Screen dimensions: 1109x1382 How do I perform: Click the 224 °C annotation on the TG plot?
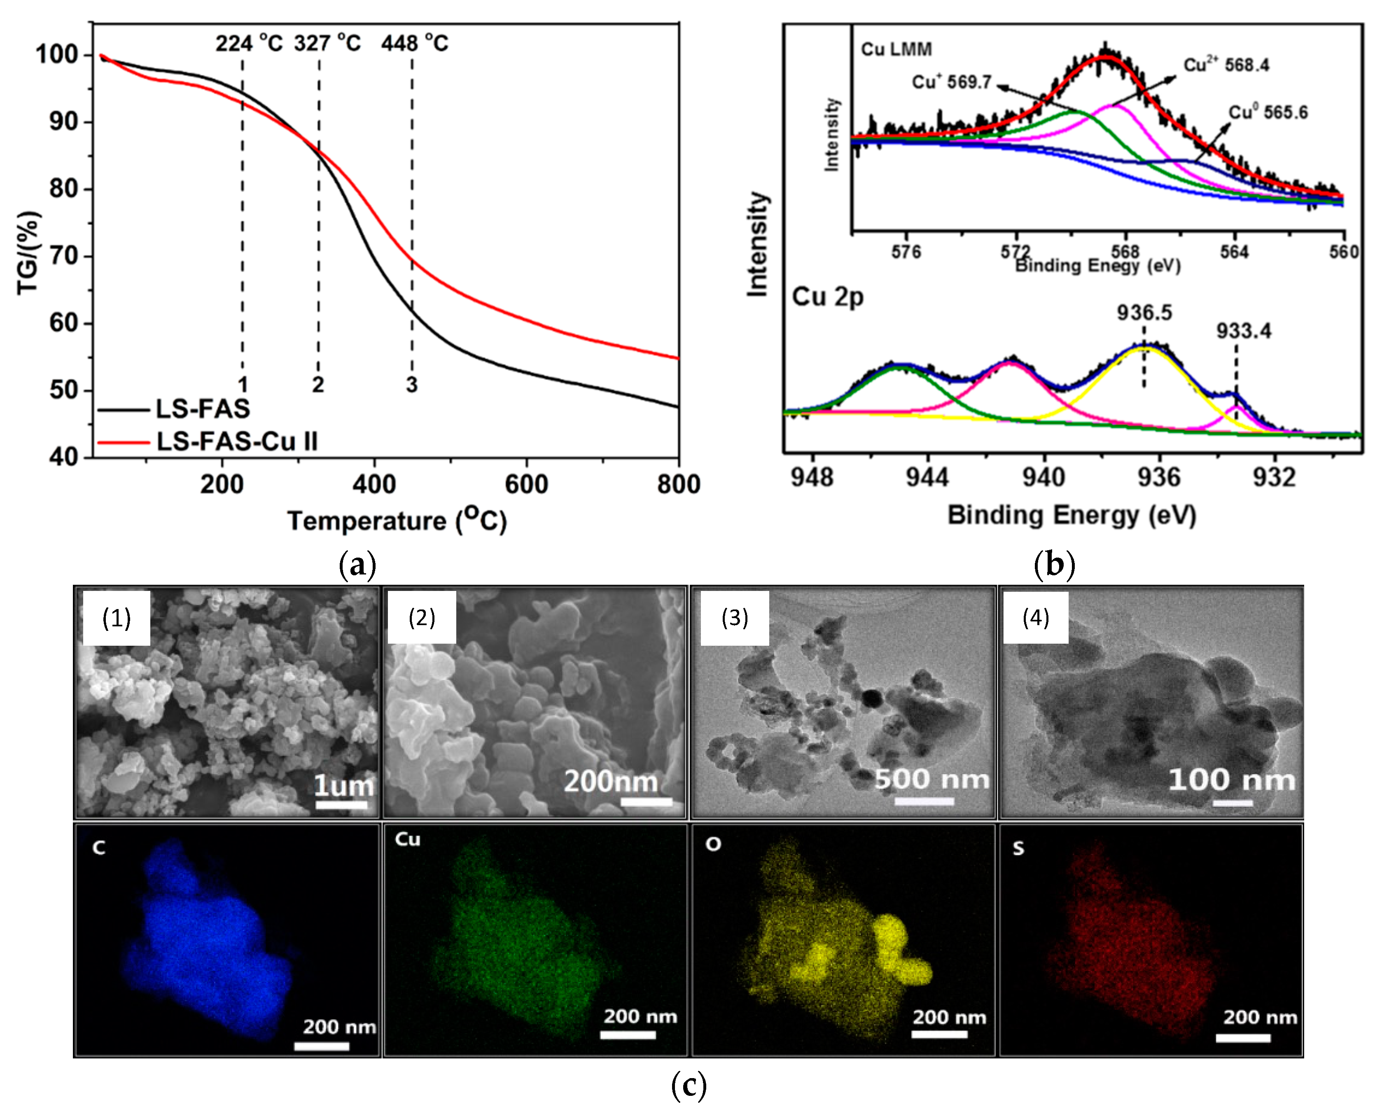coord(249,44)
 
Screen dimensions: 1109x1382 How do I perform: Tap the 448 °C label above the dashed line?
coord(415,44)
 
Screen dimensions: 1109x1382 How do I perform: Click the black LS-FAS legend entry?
coord(203,409)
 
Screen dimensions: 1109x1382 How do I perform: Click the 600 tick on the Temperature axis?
coord(526,484)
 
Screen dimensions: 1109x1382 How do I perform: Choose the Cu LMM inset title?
coord(896,49)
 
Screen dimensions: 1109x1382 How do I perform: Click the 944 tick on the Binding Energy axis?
coord(927,478)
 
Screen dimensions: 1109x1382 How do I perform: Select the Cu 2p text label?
coord(828,297)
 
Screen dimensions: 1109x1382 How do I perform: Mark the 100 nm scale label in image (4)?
coord(1231,780)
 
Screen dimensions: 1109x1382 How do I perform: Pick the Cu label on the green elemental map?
coord(408,840)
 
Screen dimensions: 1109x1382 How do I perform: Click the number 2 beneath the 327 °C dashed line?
coord(318,385)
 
